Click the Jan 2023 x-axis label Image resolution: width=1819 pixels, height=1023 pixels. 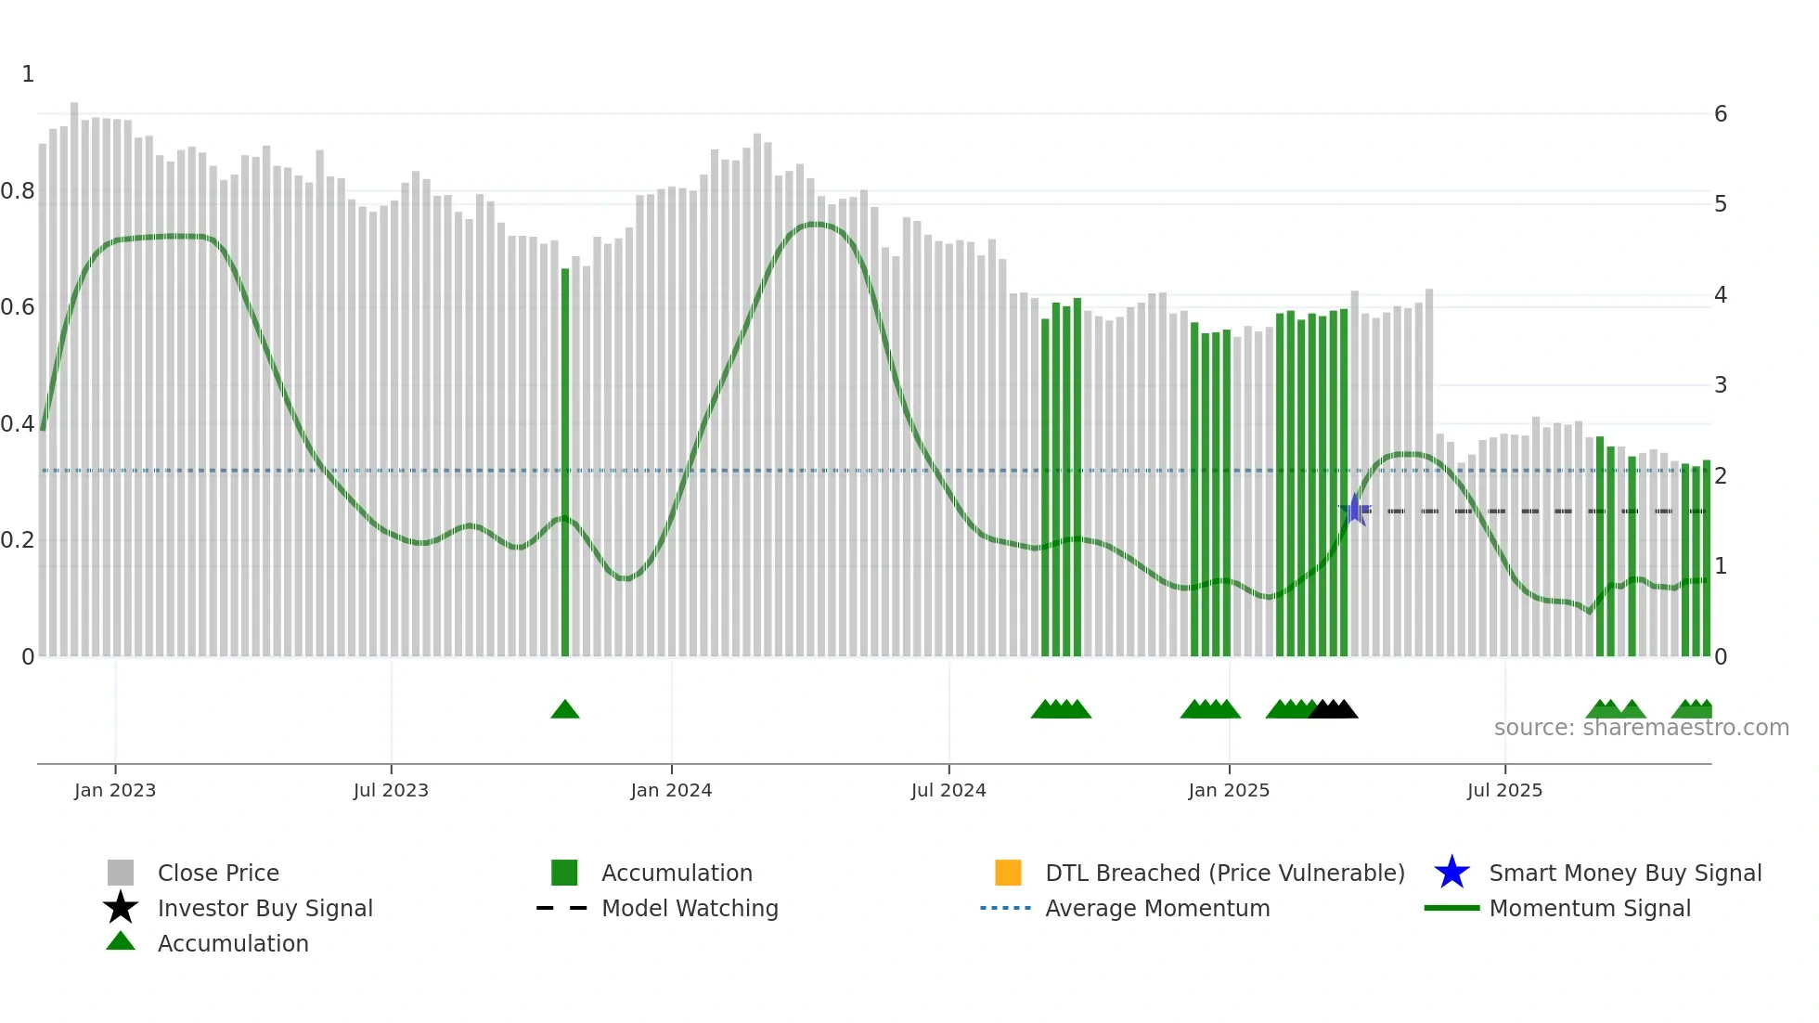pos(115,790)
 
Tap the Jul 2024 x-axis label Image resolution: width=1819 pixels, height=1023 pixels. pos(948,790)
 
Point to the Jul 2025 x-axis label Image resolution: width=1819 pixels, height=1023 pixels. pos(1504,790)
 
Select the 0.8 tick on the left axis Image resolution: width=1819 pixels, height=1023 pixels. pos(19,191)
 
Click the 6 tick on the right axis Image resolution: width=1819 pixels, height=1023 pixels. pos(1721,114)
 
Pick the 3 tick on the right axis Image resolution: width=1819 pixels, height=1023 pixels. pos(1721,385)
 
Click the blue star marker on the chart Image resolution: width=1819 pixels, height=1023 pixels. pos(1355,510)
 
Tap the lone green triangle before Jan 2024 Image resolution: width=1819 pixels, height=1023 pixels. pos(565,710)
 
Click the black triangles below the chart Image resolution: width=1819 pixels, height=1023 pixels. pos(1334,709)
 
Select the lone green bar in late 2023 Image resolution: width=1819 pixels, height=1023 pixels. pos(565,464)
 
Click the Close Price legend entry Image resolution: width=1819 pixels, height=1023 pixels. pos(218,873)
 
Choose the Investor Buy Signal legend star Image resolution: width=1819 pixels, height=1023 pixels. pos(121,908)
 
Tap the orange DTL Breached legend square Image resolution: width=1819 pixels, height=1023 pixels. pos(1008,873)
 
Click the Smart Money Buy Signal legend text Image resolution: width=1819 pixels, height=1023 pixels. pos(1625,873)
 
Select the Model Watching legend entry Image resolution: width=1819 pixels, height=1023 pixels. pos(690,908)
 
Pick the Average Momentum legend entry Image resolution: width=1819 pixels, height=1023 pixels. pos(1157,908)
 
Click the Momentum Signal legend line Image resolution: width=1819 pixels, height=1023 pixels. pos(1452,908)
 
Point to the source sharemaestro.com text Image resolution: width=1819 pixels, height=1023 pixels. pos(1641,728)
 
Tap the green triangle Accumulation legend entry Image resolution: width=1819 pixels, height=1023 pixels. pos(121,942)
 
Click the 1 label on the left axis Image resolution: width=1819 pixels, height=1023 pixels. pos(28,74)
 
